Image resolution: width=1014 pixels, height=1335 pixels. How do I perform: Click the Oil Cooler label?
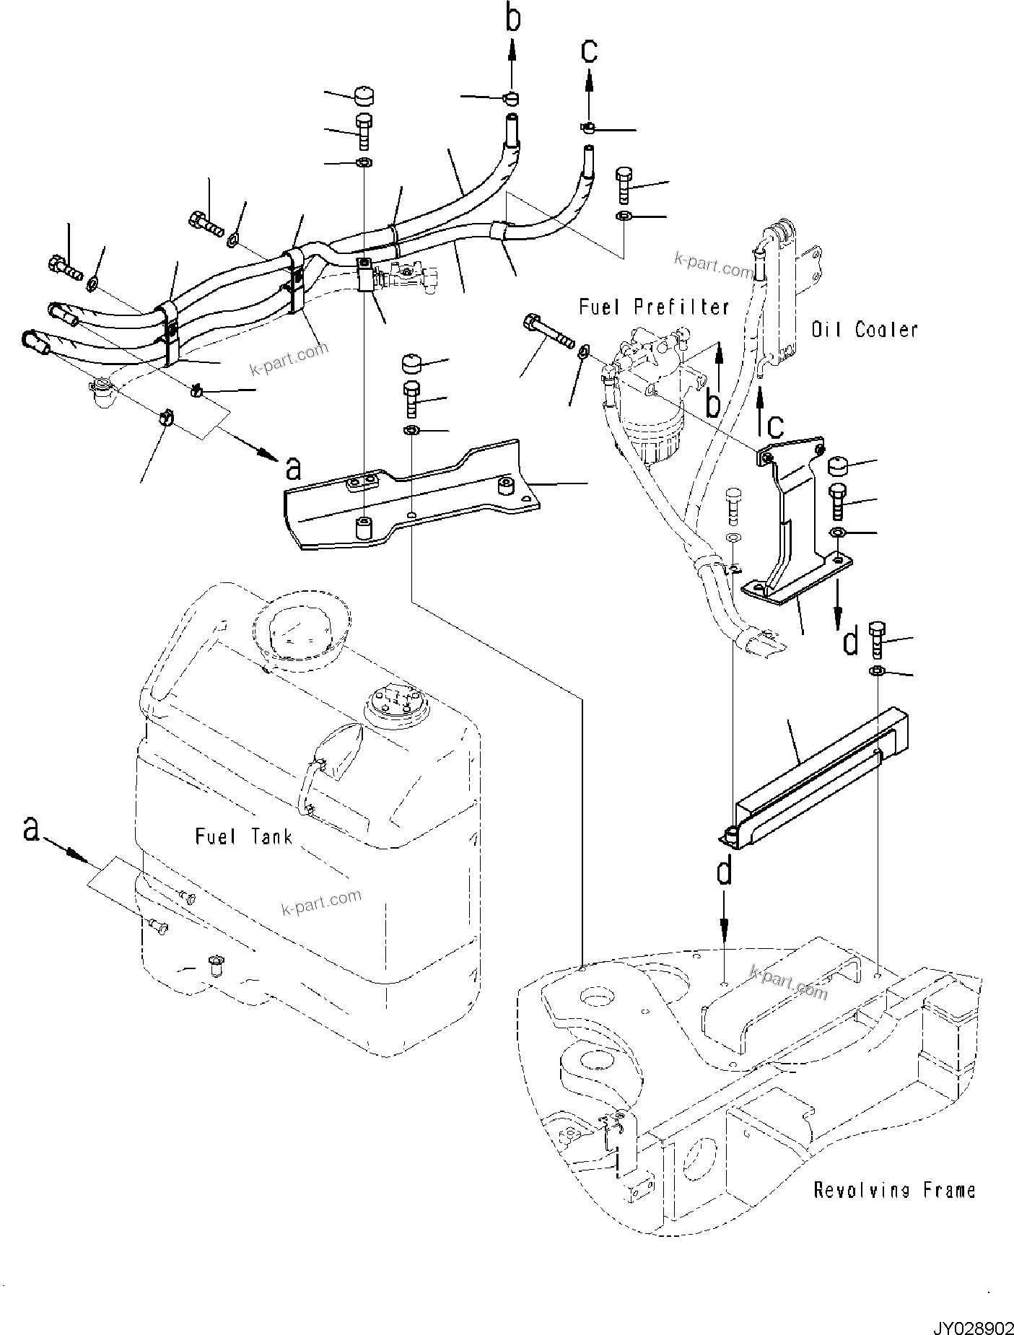865,330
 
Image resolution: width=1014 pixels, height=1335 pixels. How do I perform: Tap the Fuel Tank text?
244,837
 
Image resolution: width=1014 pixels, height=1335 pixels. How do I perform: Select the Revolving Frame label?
894,1190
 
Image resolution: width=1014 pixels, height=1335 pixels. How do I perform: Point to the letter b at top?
512,20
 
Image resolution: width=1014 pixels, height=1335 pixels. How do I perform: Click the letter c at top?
590,50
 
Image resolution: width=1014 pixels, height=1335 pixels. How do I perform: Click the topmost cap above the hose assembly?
365,96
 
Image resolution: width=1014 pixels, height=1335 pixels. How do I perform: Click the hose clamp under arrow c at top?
588,128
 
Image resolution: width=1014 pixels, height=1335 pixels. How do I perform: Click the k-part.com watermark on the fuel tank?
322,902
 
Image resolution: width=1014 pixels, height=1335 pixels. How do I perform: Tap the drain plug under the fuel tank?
214,966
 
